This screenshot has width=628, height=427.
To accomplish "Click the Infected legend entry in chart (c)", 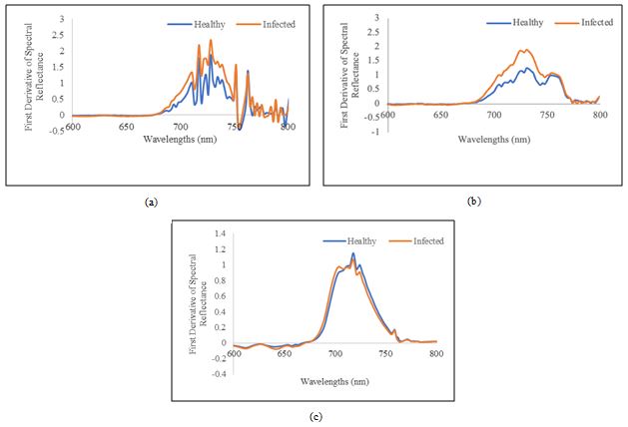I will point(423,240).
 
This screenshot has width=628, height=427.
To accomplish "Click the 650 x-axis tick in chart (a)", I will point(126,127).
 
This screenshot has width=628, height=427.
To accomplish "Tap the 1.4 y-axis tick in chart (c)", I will point(221,233).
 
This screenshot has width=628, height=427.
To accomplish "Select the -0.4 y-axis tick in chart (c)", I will point(219,373).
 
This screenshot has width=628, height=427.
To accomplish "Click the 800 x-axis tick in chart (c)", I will point(436,353).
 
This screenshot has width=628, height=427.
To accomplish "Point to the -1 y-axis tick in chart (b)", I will point(373,132).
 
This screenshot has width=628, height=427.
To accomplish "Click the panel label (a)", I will point(151,203).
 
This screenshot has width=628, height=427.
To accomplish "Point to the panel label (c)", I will point(316,417).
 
